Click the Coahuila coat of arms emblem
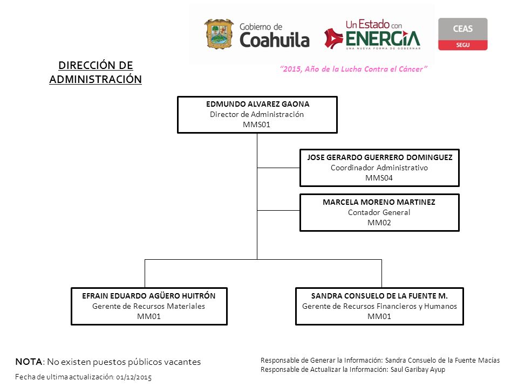219,34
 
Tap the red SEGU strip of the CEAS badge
462,45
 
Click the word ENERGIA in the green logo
383,39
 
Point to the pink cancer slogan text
353,69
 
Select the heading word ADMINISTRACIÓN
96,80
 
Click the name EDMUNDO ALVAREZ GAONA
258,104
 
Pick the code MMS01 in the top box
256,124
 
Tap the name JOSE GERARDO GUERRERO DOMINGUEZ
379,157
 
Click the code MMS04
379,178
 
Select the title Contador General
379,212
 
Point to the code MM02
379,223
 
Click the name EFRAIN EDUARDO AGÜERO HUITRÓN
149,296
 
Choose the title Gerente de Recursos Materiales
149,306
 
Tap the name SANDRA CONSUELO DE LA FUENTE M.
379,296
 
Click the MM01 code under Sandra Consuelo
379,316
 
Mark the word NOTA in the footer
29,362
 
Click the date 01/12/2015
134,377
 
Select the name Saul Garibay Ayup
418,370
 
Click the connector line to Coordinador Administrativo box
278,168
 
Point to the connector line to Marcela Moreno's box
278,210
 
